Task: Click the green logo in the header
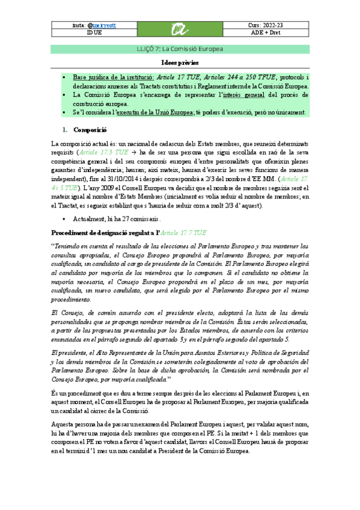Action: [x=180, y=29]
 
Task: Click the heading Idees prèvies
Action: [x=180, y=63]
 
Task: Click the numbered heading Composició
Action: [x=90, y=129]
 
